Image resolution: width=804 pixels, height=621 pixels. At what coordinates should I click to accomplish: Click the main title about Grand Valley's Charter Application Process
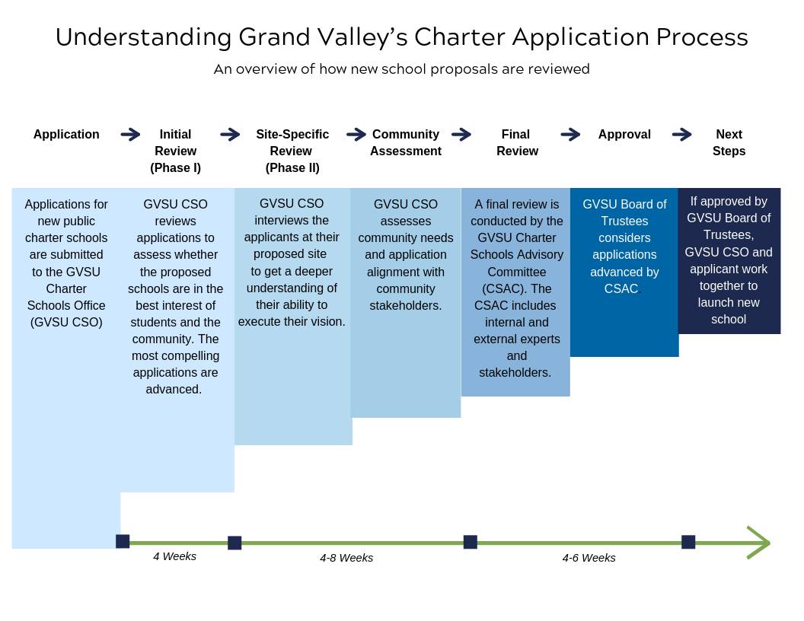401,37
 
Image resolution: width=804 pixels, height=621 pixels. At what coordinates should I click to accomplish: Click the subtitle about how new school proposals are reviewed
401,69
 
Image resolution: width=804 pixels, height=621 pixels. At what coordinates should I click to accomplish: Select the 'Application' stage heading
66,135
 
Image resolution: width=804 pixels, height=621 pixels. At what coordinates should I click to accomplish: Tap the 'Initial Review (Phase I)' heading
175,151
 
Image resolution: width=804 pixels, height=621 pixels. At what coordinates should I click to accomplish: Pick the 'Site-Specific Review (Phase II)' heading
292,151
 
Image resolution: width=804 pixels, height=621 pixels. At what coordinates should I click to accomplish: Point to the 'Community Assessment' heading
406,142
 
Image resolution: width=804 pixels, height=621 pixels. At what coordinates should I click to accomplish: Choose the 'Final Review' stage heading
517,142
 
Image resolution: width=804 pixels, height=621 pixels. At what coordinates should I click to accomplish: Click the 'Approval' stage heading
624,135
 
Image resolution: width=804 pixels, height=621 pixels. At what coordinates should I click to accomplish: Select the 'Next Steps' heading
729,142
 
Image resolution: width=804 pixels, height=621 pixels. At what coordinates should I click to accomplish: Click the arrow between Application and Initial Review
130,135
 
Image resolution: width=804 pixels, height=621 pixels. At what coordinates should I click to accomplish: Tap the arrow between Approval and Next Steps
681,135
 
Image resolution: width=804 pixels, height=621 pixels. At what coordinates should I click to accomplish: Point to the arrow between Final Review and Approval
570,135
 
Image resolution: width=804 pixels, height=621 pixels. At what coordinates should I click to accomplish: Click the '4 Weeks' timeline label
174,556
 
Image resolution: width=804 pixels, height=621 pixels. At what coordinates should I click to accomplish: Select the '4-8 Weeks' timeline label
346,558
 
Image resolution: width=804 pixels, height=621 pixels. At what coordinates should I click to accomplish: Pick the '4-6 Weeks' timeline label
589,558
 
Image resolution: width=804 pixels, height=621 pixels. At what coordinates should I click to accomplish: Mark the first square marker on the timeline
123,541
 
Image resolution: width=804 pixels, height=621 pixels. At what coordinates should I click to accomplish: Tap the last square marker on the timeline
688,542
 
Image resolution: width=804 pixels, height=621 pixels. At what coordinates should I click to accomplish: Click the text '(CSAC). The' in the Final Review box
517,288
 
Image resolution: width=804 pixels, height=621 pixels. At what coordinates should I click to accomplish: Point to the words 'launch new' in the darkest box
729,302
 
